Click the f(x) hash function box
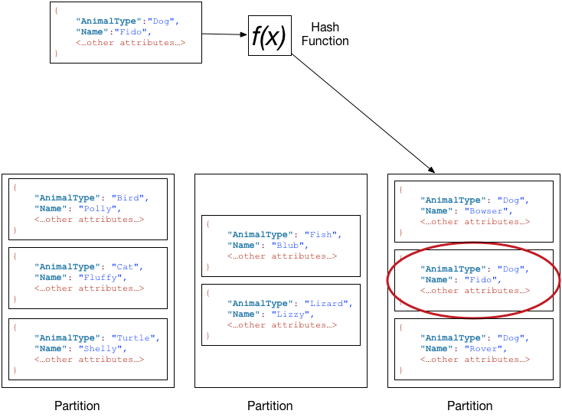[x=269, y=36]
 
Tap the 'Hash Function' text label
[x=325, y=34]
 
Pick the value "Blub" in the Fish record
[x=290, y=246]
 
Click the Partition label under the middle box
[x=270, y=406]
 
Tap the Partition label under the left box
[x=77, y=406]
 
